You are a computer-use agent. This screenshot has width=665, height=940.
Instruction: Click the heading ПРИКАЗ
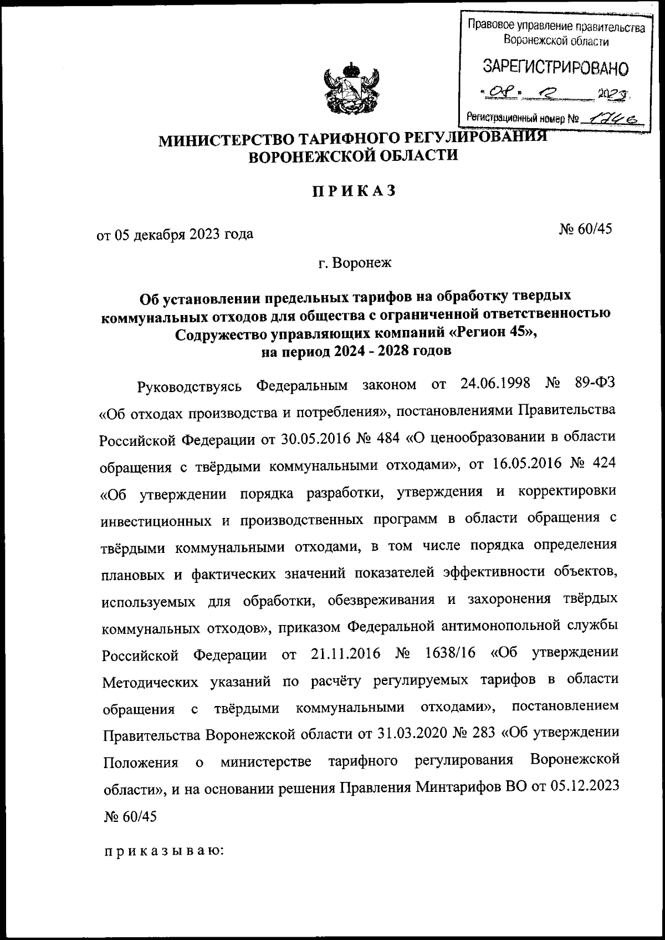coord(354,191)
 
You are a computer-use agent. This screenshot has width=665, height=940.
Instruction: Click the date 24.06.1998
coord(495,383)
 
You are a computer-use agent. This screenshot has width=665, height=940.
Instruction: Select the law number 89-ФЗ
coord(595,383)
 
